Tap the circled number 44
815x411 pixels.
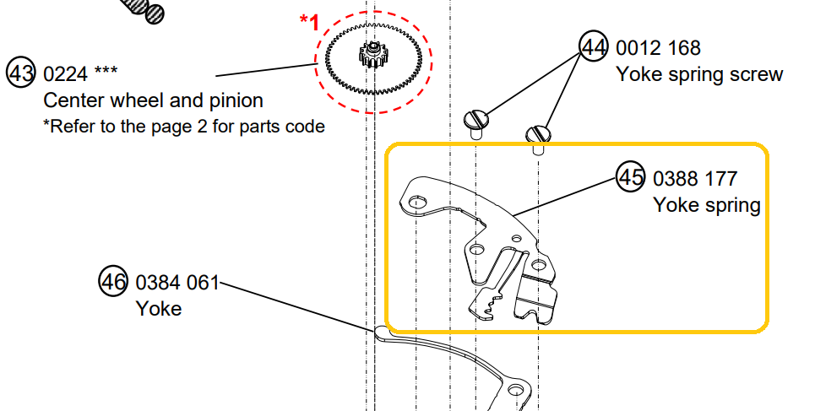pyautogui.click(x=593, y=47)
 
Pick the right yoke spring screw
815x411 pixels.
pyautogui.click(x=538, y=134)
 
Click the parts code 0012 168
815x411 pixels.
pyautogui.click(x=658, y=48)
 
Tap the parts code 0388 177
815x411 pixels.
pyautogui.click(x=695, y=178)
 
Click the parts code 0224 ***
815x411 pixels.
pyautogui.click(x=82, y=74)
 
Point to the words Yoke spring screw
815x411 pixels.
pyautogui.click(x=699, y=74)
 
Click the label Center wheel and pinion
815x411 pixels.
pyautogui.click(x=153, y=100)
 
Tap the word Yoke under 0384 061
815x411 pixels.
pyautogui.click(x=158, y=309)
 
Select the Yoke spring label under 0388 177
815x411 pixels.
pyautogui.click(x=706, y=205)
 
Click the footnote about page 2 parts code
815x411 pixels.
pyautogui.click(x=183, y=127)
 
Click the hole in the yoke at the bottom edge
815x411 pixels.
pyautogui.click(x=516, y=390)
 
